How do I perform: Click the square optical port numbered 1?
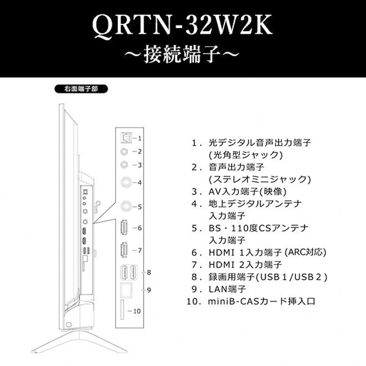123,137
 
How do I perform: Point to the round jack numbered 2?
123,151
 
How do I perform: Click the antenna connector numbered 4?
124,182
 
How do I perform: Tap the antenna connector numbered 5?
124,206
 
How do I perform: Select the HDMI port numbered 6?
124,228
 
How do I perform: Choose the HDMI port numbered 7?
124,251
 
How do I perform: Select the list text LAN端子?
227,289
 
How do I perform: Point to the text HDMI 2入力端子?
245,264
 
